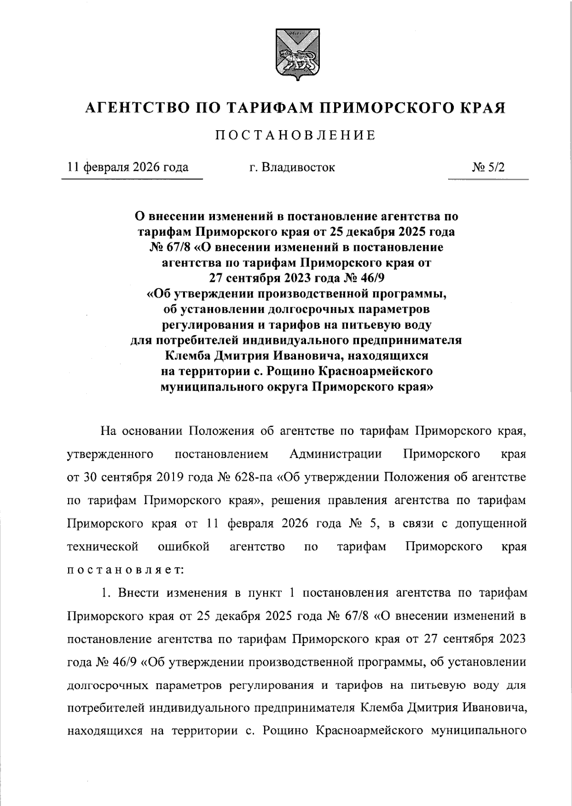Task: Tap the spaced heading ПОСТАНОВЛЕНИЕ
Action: pyautogui.click(x=295, y=135)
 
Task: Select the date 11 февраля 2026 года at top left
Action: pyautogui.click(x=129, y=167)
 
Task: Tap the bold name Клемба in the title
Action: pyautogui.click(x=187, y=356)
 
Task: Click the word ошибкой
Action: pyautogui.click(x=184, y=547)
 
